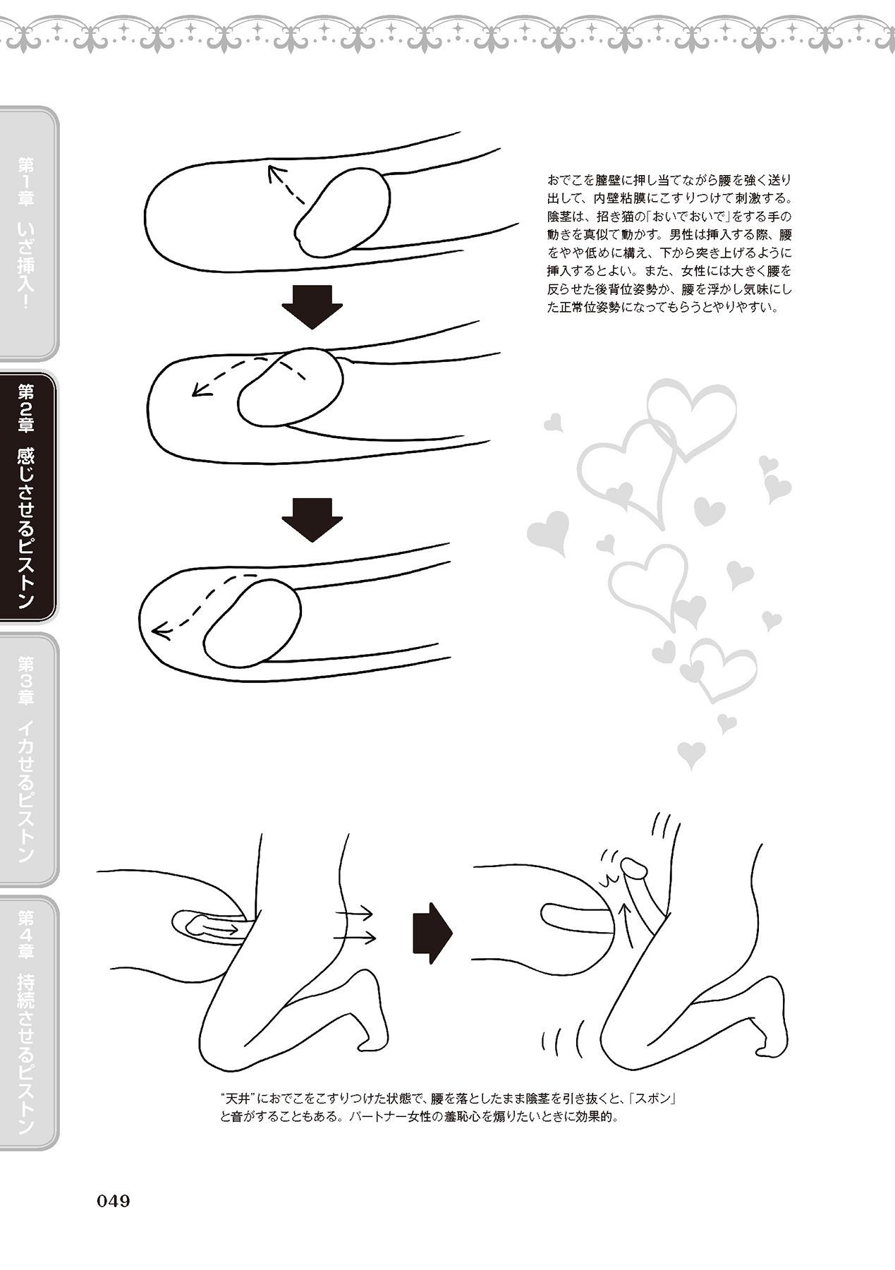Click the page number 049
(x=113, y=1200)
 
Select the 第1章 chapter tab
(x=28, y=234)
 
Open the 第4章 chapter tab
(x=28, y=1023)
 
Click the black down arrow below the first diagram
(x=312, y=306)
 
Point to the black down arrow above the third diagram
(x=312, y=520)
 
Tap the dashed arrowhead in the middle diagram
(x=201, y=389)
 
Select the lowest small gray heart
(x=691, y=754)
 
